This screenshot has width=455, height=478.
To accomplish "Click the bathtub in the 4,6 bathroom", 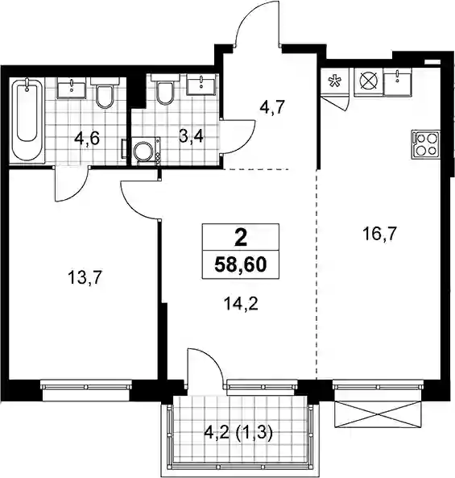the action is tap(27, 119).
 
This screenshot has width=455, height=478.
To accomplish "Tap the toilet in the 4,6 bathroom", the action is tap(105, 92).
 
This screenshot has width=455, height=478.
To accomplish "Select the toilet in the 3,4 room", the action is tap(164, 89).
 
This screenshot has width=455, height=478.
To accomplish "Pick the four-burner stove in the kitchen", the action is tap(426, 144).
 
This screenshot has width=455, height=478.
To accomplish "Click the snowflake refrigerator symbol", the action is tap(335, 81).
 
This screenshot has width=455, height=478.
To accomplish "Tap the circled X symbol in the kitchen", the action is tap(369, 81).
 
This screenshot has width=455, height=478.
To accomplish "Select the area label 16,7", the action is tap(379, 235).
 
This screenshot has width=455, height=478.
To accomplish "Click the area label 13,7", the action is tap(84, 278).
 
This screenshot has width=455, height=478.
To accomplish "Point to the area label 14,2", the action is tap(241, 304).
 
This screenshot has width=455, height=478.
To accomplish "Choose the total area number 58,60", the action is tap(241, 264).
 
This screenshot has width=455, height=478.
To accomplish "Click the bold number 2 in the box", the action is tap(241, 238).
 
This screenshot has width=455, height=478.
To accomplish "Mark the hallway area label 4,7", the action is tap(272, 107).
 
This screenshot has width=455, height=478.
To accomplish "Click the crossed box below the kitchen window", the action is tap(378, 414).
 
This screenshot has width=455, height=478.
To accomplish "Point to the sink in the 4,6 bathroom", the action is tap(71, 88).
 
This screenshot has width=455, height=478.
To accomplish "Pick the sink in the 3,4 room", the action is tap(201, 85).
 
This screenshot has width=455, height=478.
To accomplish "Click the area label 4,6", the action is tap(87, 139).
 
